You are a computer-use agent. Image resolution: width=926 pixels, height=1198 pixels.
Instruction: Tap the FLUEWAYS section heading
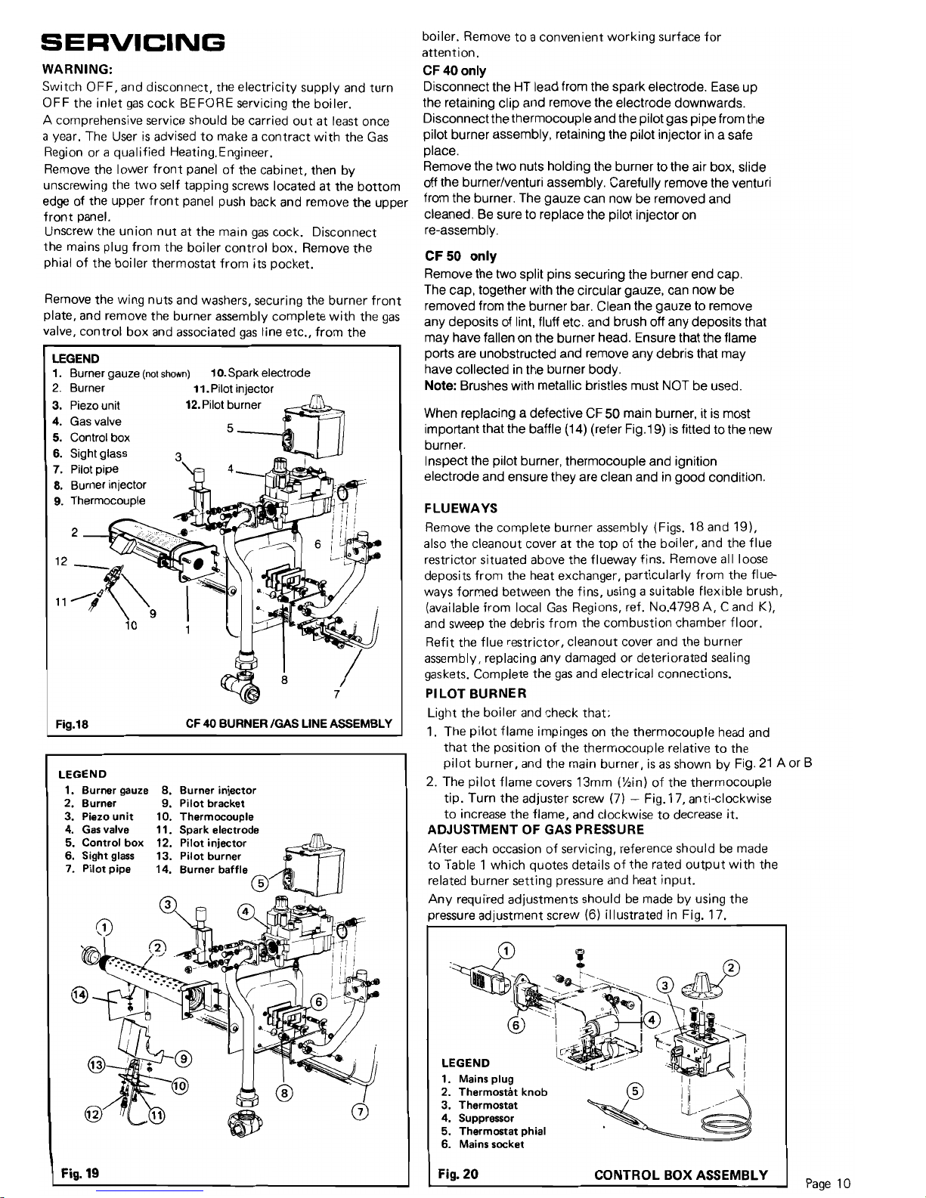460,508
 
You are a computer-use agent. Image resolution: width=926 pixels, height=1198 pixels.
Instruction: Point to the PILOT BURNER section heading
476,694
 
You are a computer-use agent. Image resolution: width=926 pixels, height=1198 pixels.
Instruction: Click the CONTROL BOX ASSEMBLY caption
681,1175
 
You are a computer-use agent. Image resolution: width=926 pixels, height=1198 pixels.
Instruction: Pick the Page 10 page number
828,1184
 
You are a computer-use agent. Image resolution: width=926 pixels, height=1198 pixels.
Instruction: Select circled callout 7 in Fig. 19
362,1112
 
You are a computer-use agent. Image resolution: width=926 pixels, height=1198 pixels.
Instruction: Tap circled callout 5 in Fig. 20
635,1091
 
